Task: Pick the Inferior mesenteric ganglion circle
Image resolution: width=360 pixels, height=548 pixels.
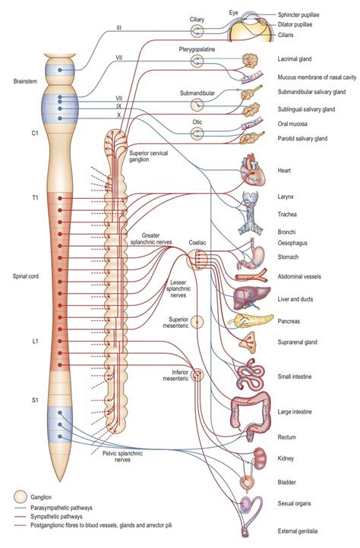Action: pyautogui.click(x=197, y=374)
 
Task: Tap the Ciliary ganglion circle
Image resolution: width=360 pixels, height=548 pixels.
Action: pyautogui.click(x=197, y=30)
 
